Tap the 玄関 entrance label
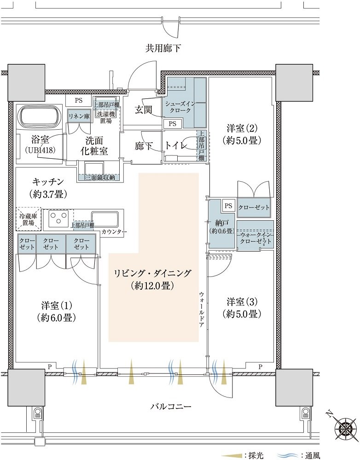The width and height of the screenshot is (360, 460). click(x=143, y=109)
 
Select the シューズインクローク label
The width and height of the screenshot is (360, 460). click(x=178, y=107)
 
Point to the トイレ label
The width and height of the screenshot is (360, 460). click(x=176, y=145)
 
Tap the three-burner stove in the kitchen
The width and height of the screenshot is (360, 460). click(x=58, y=218)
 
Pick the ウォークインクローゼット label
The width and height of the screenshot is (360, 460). click(x=255, y=238)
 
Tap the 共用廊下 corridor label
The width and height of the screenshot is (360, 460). click(x=163, y=48)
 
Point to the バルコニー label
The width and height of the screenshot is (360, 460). click(x=171, y=406)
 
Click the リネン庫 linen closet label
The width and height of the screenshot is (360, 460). click(x=79, y=116)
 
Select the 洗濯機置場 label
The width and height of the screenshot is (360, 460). click(x=106, y=117)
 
